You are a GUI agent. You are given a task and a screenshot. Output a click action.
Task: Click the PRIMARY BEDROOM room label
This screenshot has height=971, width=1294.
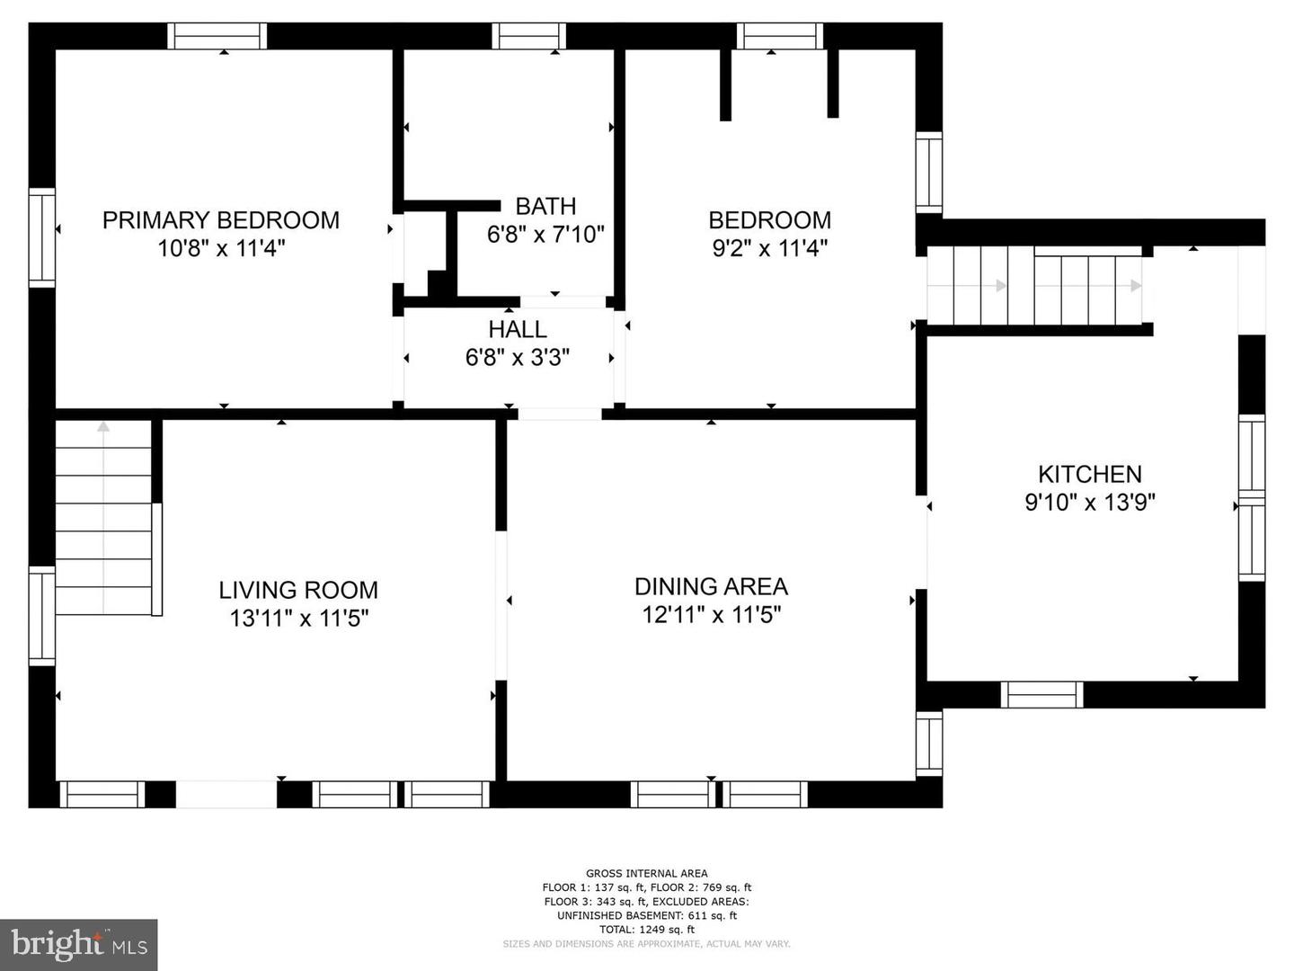221,220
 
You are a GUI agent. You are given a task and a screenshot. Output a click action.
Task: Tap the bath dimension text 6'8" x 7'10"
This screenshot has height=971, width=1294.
545,235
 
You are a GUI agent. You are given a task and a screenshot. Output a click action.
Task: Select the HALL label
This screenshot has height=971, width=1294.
517,329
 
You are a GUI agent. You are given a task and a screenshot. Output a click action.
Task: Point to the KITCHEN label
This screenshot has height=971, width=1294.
1089,474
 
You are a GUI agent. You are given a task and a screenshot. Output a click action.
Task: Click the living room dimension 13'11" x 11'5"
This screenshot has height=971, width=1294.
299,619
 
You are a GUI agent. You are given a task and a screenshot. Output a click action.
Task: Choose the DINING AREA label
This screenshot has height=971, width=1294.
711,586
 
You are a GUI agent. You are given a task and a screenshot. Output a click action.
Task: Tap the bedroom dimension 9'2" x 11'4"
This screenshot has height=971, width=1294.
770,248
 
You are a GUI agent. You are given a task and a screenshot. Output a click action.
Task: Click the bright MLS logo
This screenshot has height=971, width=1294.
79,944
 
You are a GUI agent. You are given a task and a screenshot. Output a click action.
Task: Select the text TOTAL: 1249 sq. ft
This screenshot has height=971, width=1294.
647,929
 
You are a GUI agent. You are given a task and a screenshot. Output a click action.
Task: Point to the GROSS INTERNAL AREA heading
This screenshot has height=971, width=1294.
647,873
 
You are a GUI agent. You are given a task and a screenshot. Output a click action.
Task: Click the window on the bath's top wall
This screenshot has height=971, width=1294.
528,36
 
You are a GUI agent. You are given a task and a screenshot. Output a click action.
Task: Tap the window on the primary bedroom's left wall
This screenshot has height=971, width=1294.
42,237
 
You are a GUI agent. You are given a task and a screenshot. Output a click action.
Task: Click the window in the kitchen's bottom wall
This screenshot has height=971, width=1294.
1041,694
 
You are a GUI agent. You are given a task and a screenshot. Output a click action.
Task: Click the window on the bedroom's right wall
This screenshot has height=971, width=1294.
928,172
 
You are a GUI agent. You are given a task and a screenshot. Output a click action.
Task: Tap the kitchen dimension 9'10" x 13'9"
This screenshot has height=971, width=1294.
1090,503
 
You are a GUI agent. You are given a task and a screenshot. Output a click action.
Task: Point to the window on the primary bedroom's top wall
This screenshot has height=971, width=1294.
217,36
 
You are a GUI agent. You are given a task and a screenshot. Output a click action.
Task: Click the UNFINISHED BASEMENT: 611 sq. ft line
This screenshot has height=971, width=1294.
647,915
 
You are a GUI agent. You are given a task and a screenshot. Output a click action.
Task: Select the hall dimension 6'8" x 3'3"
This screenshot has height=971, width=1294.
518,357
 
